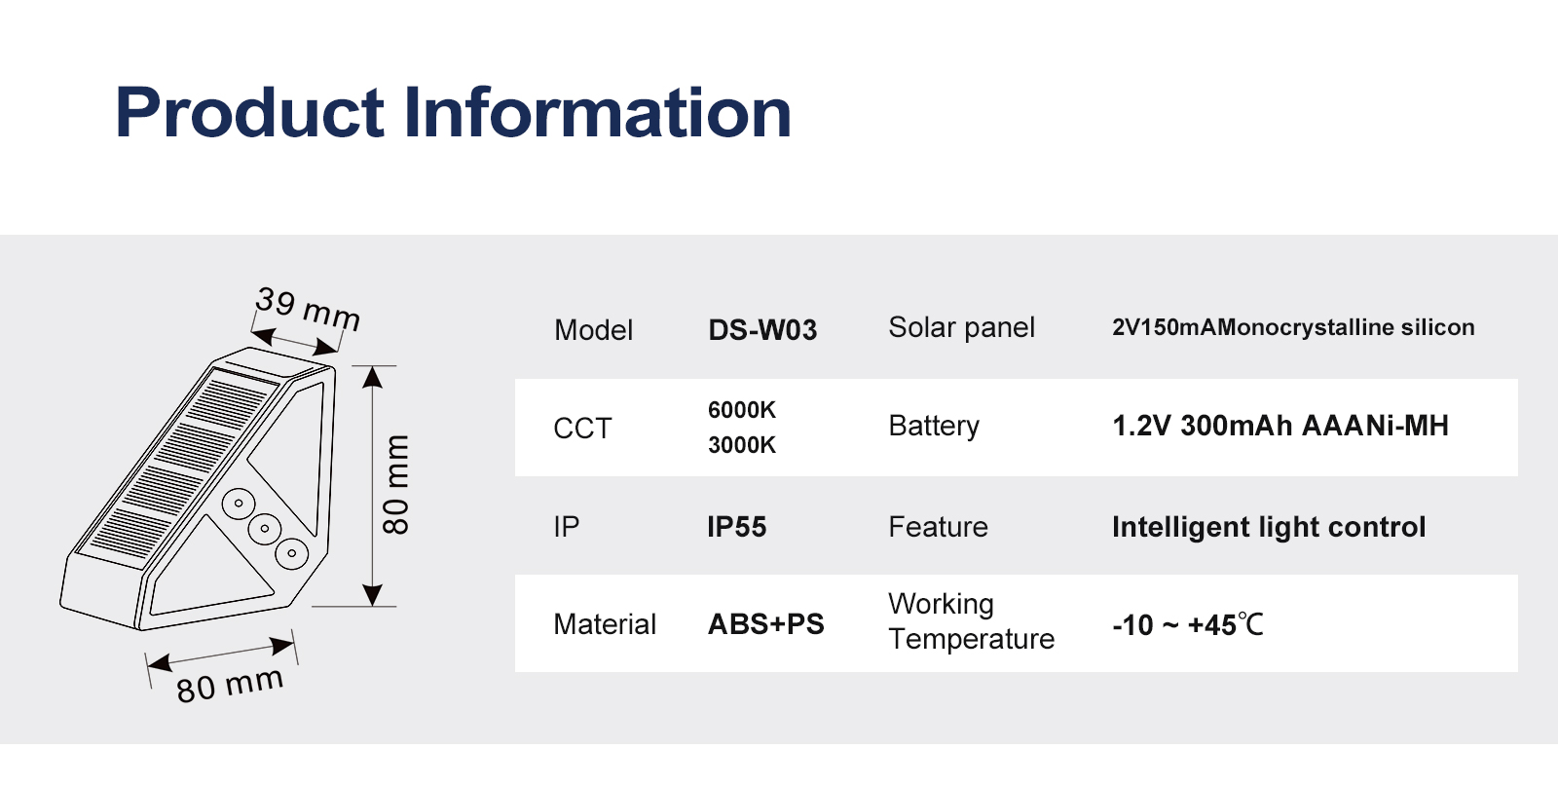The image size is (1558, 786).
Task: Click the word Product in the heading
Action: [x=249, y=112]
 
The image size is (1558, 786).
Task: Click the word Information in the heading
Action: [x=598, y=112]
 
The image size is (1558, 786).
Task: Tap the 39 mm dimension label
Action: [x=308, y=309]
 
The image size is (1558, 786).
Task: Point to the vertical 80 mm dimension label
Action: [x=396, y=485]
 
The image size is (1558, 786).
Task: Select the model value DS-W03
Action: [x=762, y=330]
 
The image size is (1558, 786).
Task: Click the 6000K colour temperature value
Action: [x=741, y=410]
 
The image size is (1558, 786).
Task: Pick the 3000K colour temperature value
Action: [x=741, y=445]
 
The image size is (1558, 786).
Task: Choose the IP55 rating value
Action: [x=736, y=527]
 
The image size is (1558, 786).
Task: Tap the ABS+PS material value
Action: [x=765, y=624]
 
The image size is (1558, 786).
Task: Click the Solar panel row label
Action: [x=961, y=327]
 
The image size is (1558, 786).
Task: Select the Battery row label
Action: [x=934, y=427]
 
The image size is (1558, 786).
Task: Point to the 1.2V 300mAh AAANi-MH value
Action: [x=1280, y=426]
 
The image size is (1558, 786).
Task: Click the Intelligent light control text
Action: [x=1269, y=528]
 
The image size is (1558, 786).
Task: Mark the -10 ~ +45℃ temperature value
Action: [x=1188, y=624]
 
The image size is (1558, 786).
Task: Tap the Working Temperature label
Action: [x=971, y=621]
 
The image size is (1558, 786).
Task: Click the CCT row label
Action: [x=582, y=429]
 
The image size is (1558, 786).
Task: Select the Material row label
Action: [x=605, y=624]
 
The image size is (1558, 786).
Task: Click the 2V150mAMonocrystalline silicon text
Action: [x=1293, y=327]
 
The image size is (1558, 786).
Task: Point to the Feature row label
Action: [x=938, y=527]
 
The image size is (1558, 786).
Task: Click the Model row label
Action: [x=593, y=330]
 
